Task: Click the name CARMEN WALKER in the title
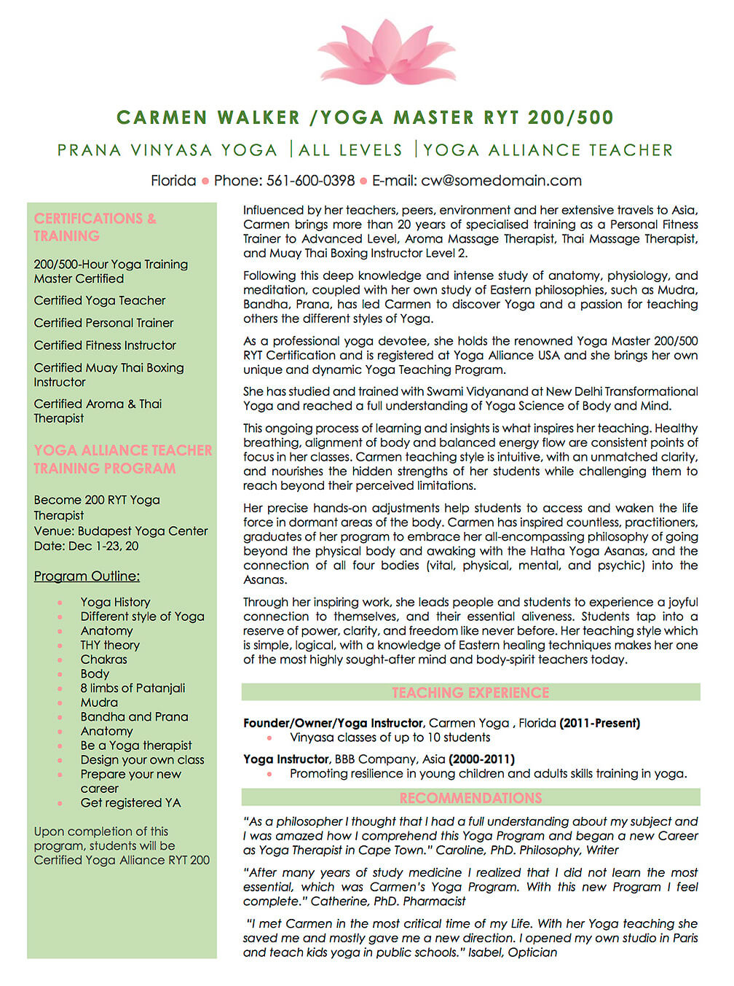coord(208,117)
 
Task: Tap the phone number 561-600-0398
coord(310,181)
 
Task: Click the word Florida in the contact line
coord(173,181)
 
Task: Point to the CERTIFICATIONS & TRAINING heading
coord(95,227)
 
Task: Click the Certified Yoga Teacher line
coord(100,300)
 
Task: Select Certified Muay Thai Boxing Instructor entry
coord(108,375)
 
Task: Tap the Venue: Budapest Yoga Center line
coord(121,531)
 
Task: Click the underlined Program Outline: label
coord(87,576)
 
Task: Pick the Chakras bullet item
coord(103,660)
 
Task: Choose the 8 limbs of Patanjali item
coord(133,688)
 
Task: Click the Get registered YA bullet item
coord(130,803)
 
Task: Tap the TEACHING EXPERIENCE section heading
coord(470,692)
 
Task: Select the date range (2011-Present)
coord(599,723)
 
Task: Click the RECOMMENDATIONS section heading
coord(470,798)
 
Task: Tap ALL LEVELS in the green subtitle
coord(350,150)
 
